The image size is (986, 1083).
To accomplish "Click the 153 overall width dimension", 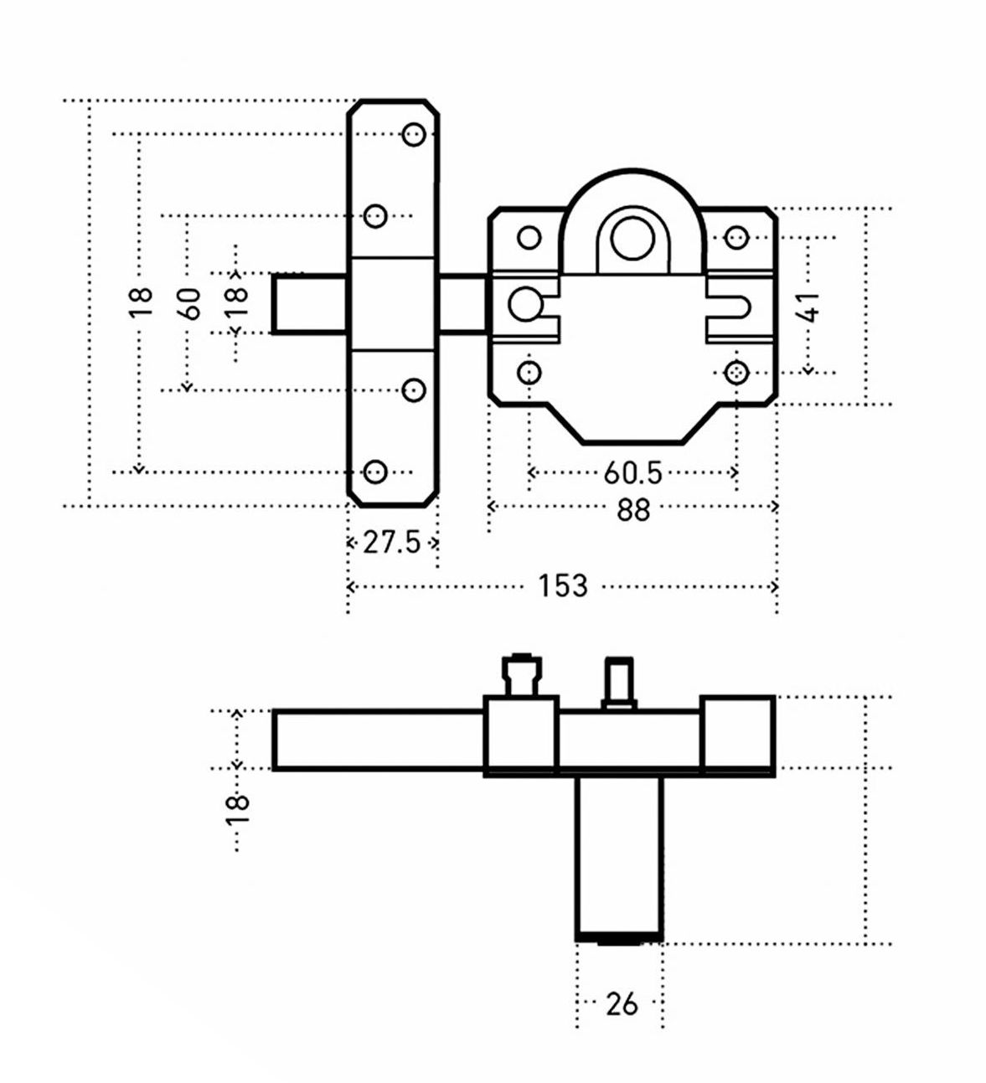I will click(x=563, y=586).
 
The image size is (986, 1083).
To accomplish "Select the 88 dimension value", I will click(x=632, y=508).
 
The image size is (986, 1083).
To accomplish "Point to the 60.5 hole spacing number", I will click(x=632, y=473).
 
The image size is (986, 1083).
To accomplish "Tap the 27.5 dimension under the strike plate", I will click(x=391, y=543).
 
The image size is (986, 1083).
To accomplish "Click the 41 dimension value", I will click(x=808, y=307).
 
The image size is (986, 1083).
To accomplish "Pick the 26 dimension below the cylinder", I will click(x=621, y=1003).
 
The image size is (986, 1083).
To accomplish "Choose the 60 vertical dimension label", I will click(x=191, y=302).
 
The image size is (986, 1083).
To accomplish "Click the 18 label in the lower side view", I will click(x=238, y=809).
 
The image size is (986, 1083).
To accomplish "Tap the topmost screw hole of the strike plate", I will click(x=414, y=134).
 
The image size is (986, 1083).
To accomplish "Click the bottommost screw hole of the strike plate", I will click(x=376, y=471).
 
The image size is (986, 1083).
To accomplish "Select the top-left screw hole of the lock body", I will click(x=529, y=238).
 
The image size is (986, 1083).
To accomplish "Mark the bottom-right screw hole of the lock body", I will click(x=736, y=371).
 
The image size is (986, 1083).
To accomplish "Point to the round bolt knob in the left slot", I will click(x=525, y=303).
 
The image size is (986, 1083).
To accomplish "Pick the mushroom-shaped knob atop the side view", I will click(x=519, y=675).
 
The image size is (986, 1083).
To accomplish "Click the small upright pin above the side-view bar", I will click(x=619, y=683).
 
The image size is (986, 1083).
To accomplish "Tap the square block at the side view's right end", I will click(x=736, y=731).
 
